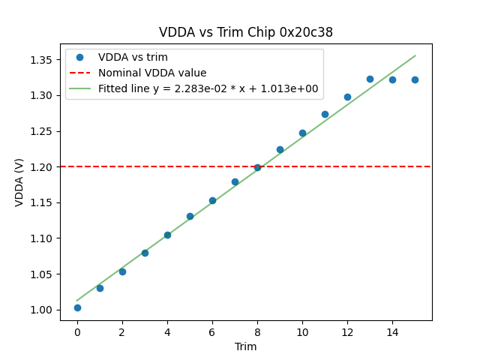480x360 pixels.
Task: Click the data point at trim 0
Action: click(77, 307)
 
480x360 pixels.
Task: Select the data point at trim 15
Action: click(415, 79)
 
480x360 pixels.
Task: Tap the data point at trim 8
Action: click(257, 167)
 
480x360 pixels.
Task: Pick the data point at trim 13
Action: click(370, 79)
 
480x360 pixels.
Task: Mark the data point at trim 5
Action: click(190, 216)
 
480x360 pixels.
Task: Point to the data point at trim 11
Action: click(325, 114)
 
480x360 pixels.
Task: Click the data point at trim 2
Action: click(122, 271)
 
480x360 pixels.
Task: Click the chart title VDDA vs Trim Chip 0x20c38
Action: click(246, 32)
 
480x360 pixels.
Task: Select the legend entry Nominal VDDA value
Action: click(152, 73)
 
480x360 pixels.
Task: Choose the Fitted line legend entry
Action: click(208, 88)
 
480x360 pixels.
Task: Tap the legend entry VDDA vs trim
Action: click(133, 57)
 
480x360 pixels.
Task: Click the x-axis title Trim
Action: click(246, 346)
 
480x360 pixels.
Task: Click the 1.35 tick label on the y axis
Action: click(43, 59)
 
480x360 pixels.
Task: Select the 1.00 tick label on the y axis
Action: click(43, 310)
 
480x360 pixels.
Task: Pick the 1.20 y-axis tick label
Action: click(43, 166)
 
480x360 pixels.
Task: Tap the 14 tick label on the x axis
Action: click(392, 332)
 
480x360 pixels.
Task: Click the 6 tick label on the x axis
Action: click(212, 332)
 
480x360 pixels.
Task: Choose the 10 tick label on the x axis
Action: click(302, 332)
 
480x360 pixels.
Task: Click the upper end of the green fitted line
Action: click(415, 55)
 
